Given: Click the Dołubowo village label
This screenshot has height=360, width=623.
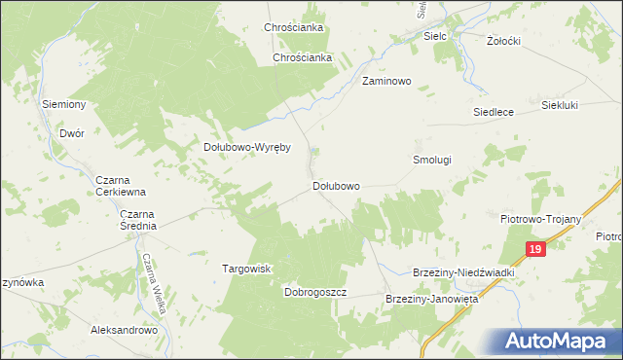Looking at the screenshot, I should point(336,185).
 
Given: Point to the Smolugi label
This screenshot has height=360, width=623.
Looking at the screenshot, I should point(432,159).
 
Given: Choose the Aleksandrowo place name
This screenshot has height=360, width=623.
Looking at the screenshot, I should point(124,331).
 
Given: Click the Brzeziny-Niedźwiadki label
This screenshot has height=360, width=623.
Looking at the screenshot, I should point(463,273).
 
